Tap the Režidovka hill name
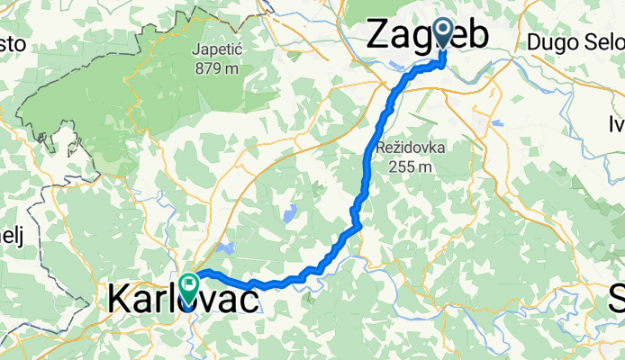click(x=407, y=146)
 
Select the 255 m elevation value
click(x=407, y=166)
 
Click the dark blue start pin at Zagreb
click(x=443, y=32)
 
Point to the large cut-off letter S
click(x=617, y=298)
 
